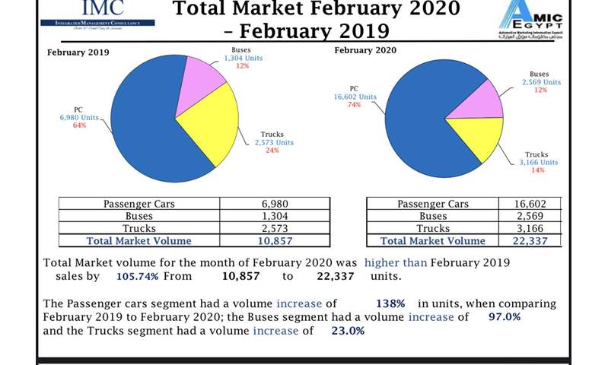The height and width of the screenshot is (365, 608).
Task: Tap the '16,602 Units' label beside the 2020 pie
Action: point(355,97)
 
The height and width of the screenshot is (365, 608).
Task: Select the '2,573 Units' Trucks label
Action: point(273,142)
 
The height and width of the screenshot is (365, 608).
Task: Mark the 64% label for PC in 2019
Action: point(79,125)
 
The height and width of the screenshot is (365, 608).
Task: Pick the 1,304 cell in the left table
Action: point(275,216)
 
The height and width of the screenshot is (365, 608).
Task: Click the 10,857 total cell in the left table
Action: point(275,240)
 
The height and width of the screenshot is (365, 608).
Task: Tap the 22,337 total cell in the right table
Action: point(531,240)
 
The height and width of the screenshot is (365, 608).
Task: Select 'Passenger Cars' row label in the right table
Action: point(432,204)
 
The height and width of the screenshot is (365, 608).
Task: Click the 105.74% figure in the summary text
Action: point(137,277)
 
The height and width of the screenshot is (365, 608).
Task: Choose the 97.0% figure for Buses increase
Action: point(505,316)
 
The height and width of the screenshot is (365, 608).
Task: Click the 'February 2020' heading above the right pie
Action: point(365,50)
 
